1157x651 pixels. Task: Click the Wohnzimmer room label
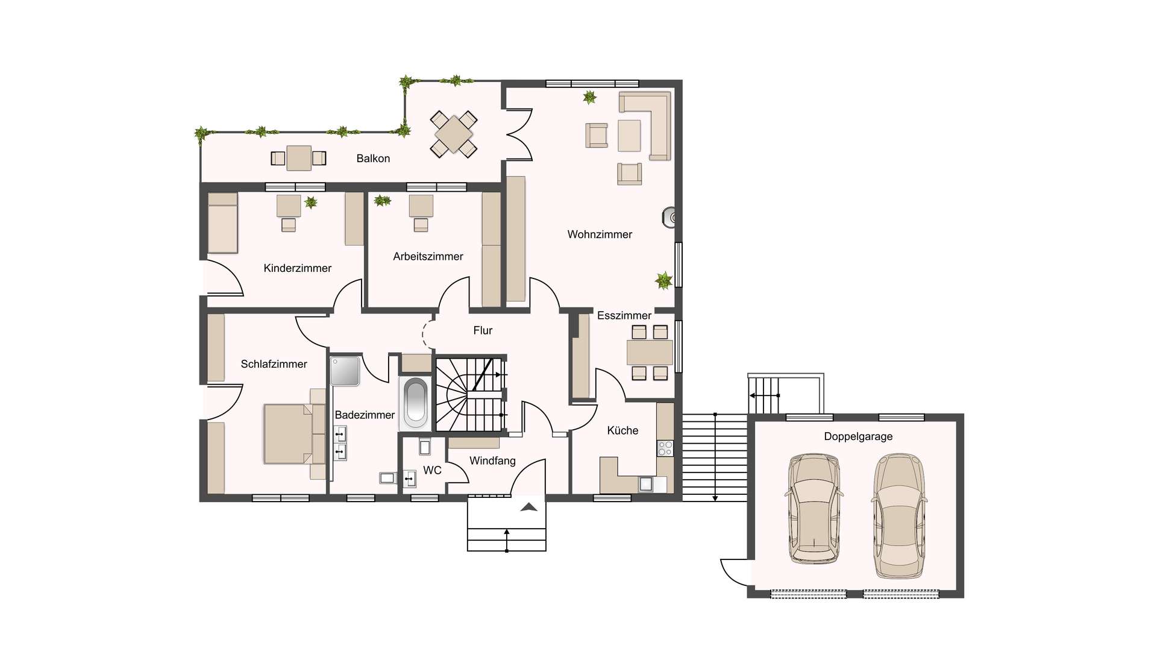click(x=600, y=234)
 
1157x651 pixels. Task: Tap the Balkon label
click(x=373, y=159)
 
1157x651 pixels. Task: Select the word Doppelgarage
click(x=858, y=437)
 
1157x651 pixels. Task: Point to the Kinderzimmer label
click(x=297, y=268)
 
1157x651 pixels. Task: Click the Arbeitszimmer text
click(x=428, y=257)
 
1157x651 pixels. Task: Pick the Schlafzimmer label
click(x=274, y=364)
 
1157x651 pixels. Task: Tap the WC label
click(x=432, y=470)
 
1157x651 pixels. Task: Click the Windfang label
click(x=492, y=461)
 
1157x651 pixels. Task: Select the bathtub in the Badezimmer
click(x=415, y=403)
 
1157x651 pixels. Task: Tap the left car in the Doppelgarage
click(x=814, y=508)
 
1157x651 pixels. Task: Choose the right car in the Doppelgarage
click(x=898, y=516)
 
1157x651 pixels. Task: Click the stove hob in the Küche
click(x=665, y=448)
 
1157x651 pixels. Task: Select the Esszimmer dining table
click(x=650, y=353)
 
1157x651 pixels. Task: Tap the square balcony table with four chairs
click(x=454, y=134)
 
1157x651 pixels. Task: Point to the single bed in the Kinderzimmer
click(x=222, y=222)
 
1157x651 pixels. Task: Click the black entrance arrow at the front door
click(x=528, y=507)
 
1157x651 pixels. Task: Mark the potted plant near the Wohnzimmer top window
click(x=589, y=97)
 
